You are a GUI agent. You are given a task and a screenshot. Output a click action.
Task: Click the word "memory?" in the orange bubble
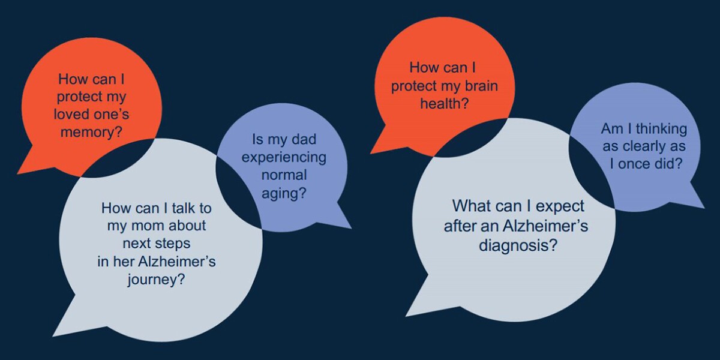tap(92, 132)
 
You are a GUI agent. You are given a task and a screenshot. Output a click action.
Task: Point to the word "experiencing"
tap(284, 158)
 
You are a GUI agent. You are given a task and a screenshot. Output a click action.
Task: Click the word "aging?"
tap(284, 193)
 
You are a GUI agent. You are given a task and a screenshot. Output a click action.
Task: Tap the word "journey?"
tap(156, 280)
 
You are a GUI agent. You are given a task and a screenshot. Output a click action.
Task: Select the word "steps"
tap(172, 244)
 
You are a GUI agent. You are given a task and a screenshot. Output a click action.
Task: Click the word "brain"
tap(481, 86)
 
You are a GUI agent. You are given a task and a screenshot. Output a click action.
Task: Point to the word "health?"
tap(445, 103)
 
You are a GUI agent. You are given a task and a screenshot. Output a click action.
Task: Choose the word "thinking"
tap(661, 129)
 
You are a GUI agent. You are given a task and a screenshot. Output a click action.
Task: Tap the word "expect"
tap(560, 206)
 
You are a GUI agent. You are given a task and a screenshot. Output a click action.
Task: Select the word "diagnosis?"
tap(518, 245)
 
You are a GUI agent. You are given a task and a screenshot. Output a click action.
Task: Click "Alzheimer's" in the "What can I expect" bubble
tap(545, 226)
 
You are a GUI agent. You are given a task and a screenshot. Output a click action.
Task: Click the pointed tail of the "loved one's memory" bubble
tap(18, 173)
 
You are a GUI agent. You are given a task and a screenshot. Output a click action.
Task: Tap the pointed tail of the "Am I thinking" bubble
tap(704, 208)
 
